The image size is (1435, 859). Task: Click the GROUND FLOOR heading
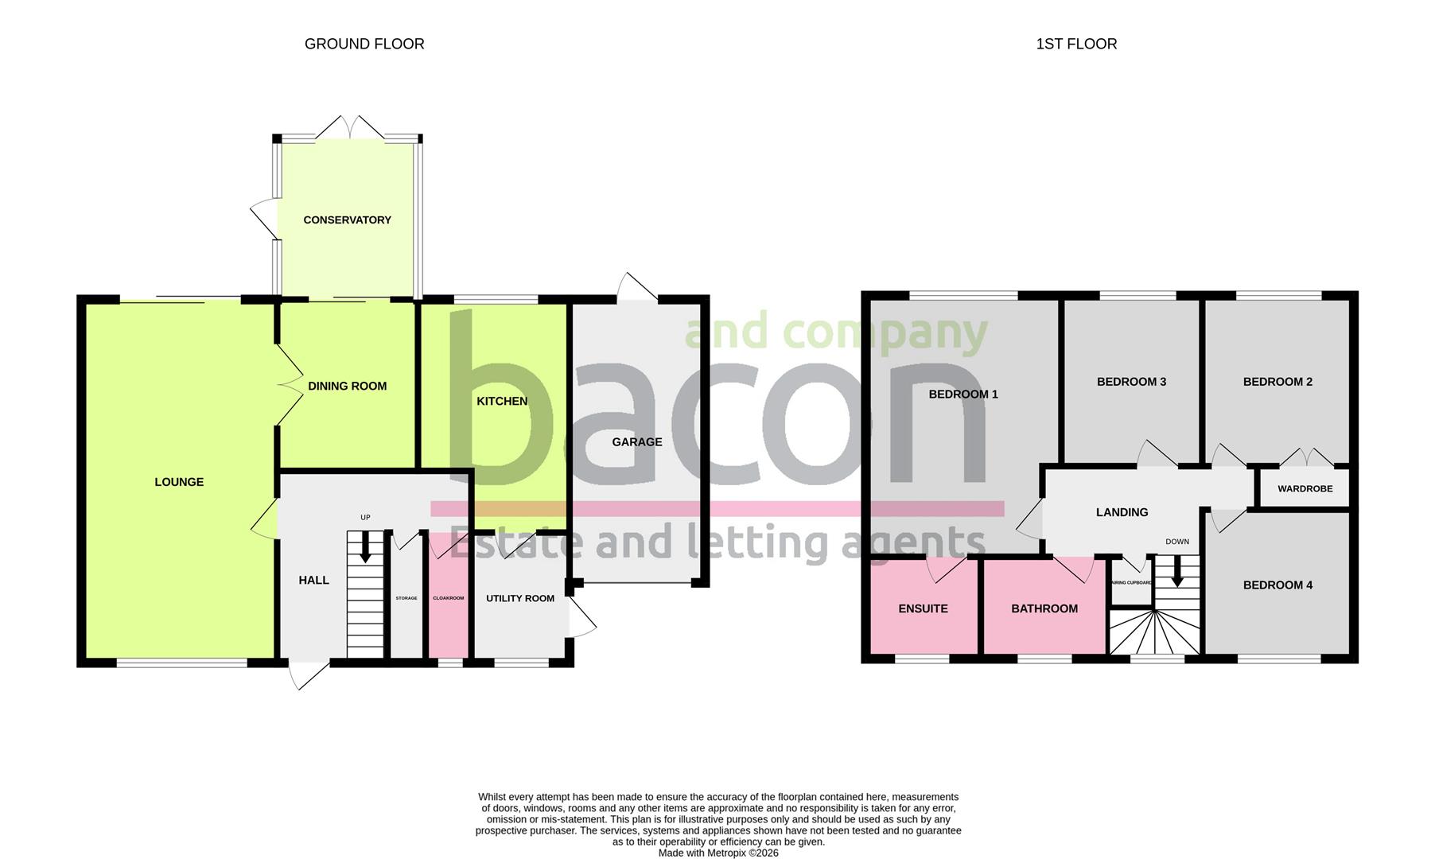click(364, 44)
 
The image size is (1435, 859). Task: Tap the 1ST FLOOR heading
click(1076, 44)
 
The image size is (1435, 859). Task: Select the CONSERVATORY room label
click(347, 220)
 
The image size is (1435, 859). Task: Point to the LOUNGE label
click(179, 482)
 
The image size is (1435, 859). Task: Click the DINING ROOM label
click(347, 387)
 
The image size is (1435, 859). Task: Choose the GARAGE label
click(636, 442)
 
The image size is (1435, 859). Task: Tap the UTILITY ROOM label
click(520, 599)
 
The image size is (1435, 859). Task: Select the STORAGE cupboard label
click(406, 598)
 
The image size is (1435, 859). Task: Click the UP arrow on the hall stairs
click(365, 547)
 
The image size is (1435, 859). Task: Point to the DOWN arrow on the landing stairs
click(1177, 571)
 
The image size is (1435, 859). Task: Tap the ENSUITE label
click(923, 609)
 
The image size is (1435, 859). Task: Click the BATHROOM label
click(1044, 609)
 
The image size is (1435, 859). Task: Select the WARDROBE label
click(1305, 489)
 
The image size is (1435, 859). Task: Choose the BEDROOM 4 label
click(1277, 585)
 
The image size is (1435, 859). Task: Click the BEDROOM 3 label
click(1131, 382)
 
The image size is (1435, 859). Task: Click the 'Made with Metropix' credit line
click(718, 853)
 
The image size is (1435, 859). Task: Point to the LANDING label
click(1122, 512)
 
